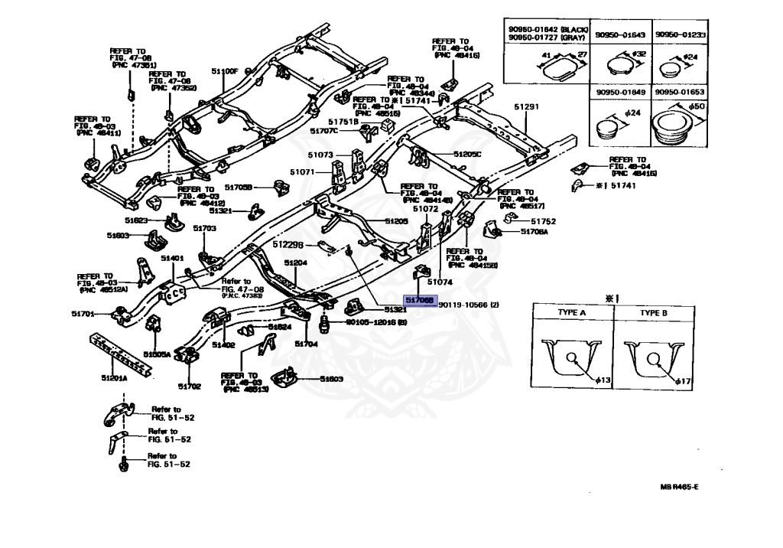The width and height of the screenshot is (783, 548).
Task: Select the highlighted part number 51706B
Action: coord(420,301)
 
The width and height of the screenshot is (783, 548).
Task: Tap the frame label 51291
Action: coord(526,108)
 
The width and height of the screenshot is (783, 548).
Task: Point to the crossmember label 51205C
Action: coord(467,155)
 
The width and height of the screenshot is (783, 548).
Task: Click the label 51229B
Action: coord(289,244)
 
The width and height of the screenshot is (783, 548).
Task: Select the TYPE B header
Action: coord(654,313)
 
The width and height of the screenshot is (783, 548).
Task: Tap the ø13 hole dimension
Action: coord(604,380)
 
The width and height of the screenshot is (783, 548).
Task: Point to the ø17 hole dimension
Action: coord(684,380)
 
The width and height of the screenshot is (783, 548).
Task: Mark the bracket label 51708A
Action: coord(535,231)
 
